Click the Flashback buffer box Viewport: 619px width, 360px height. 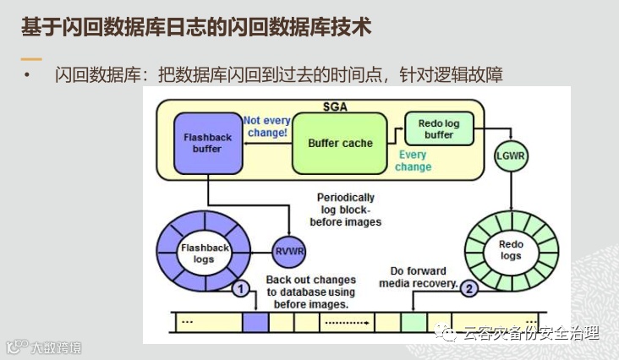tap(200, 143)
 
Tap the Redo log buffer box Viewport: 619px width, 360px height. tap(438, 129)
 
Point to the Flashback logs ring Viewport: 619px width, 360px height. tap(198, 253)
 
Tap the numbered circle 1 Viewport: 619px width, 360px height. tap(241, 290)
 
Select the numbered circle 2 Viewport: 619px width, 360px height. tap(470, 288)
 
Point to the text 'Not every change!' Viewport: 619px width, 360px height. tap(266, 127)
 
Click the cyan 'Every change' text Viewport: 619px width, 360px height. tap(413, 161)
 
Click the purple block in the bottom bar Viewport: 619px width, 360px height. tap(255, 322)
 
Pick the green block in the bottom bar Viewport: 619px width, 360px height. tap(414, 322)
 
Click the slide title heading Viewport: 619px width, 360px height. tap(195, 27)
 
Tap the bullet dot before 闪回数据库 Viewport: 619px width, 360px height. tap(26, 77)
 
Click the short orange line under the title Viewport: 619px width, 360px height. tap(31, 59)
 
